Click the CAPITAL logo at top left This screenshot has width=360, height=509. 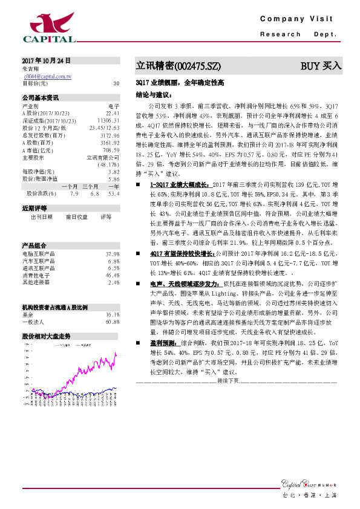coord(49,27)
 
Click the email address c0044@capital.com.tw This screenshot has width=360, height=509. coord(48,77)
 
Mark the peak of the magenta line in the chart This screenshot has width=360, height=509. coord(116,353)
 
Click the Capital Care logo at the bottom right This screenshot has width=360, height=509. coord(309,484)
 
